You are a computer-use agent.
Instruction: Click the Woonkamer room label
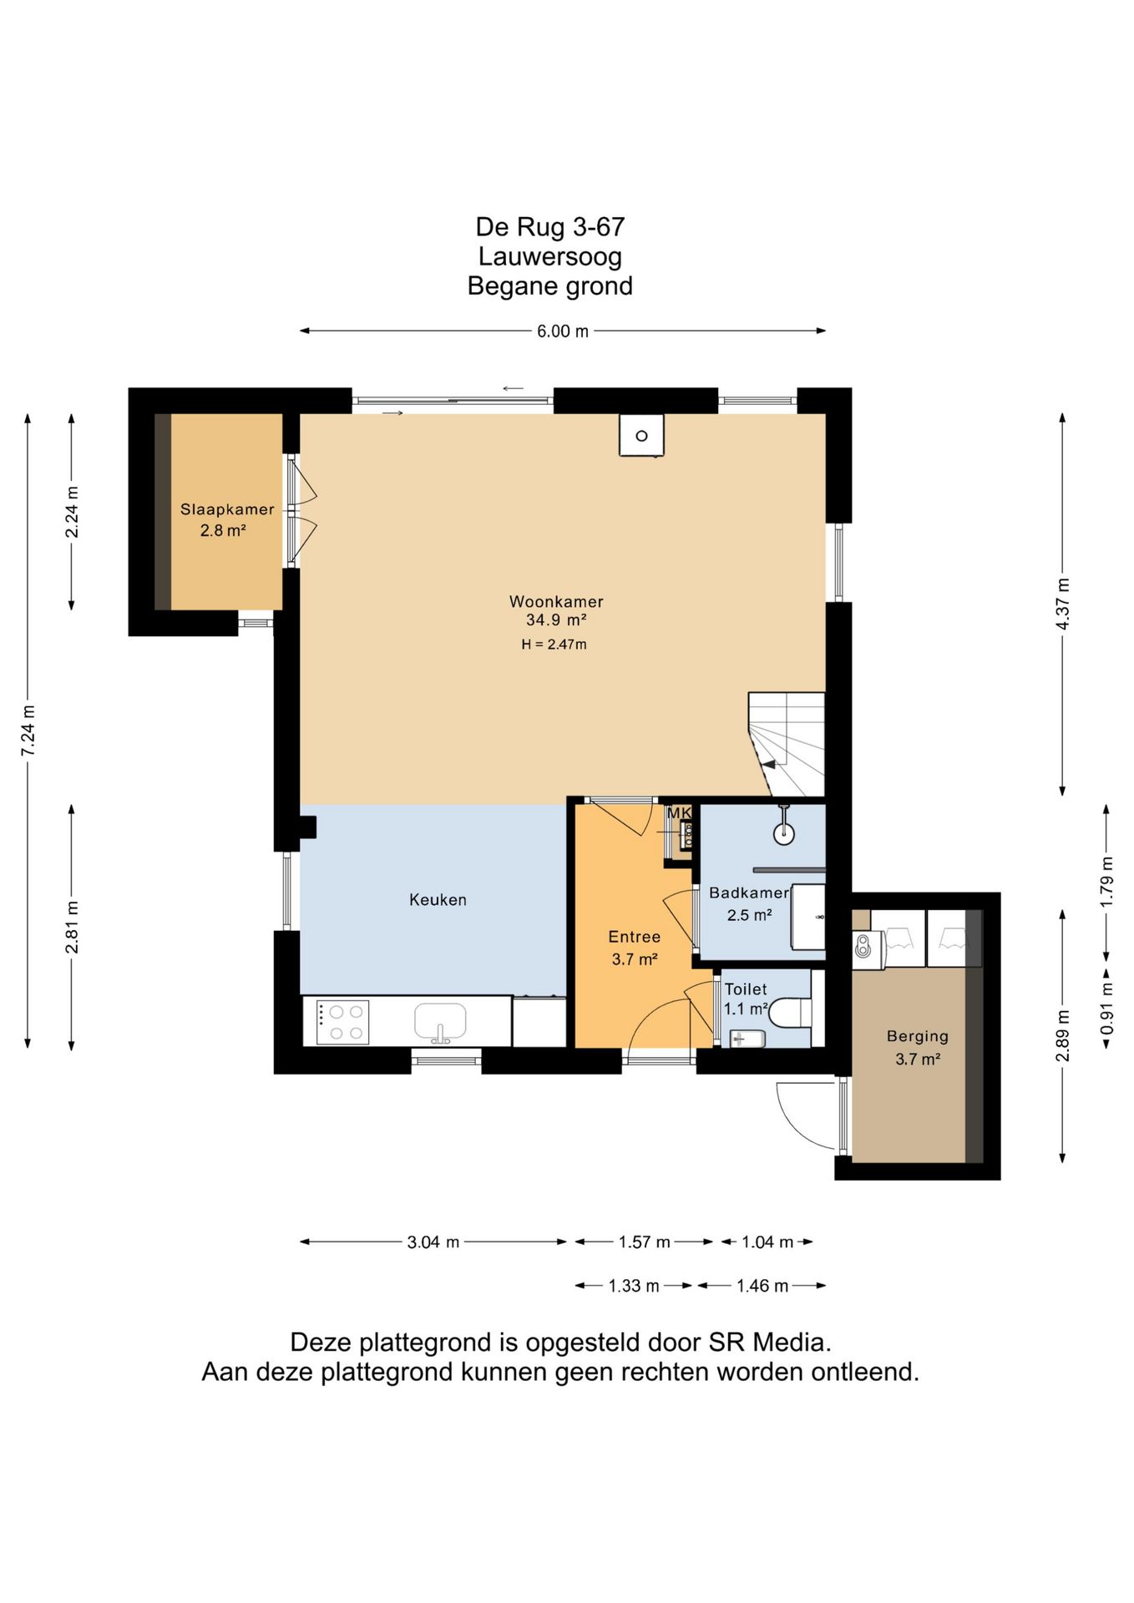tap(556, 601)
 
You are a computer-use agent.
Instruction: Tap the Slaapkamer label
tap(227, 509)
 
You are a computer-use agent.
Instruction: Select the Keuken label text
tap(438, 899)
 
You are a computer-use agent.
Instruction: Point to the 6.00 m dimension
tap(563, 331)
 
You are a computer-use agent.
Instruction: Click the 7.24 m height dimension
tap(28, 731)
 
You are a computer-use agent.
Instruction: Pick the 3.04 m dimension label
tap(433, 1242)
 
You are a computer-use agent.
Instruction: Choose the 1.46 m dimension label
tap(762, 1286)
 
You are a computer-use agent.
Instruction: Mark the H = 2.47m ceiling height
tap(554, 645)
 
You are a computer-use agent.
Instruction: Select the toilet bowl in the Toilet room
tap(789, 1014)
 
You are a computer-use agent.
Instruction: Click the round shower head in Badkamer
tap(783, 833)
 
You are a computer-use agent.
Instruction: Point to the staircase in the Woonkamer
tap(786, 744)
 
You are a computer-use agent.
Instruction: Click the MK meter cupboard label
tap(679, 812)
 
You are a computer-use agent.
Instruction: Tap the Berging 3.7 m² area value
tap(918, 1059)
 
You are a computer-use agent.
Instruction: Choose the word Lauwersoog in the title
tap(549, 256)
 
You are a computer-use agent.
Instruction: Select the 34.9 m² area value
tap(556, 620)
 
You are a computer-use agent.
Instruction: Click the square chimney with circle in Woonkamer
tap(641, 435)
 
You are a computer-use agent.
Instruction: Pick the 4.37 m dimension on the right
tap(1063, 604)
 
